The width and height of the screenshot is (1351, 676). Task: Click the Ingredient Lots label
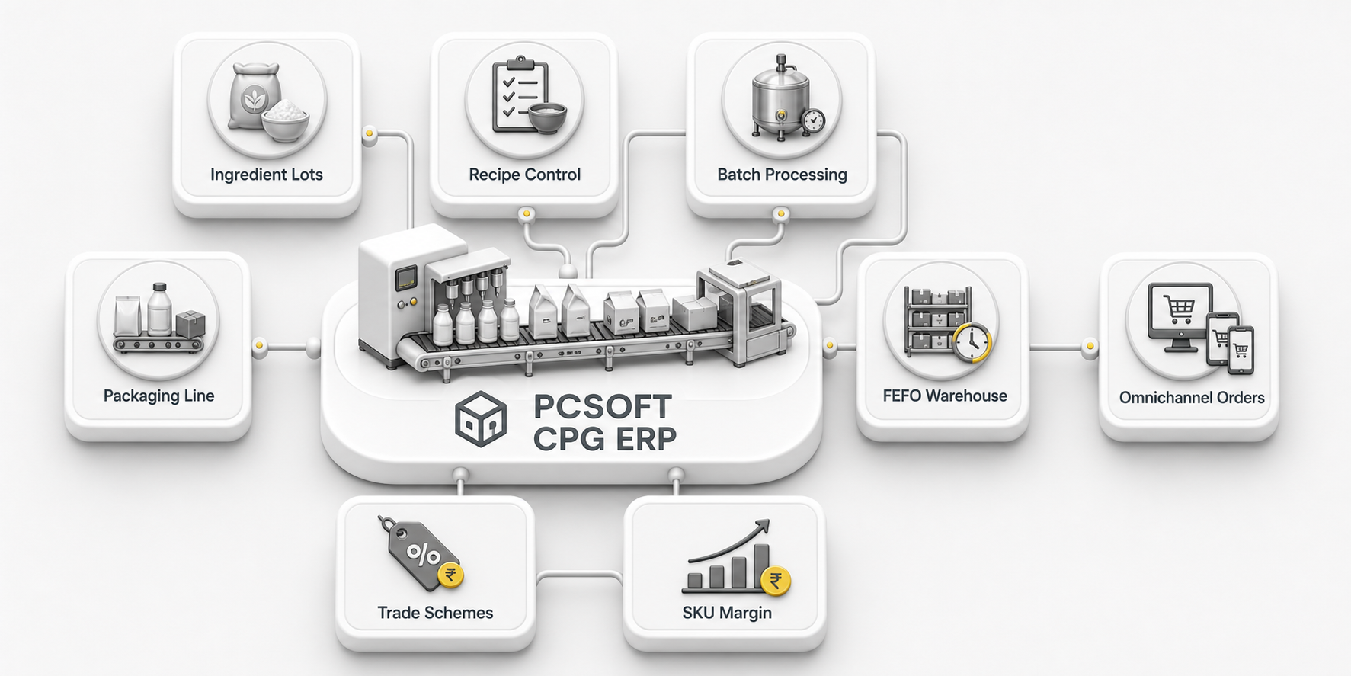point(267,175)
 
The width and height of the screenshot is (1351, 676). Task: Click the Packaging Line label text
point(158,396)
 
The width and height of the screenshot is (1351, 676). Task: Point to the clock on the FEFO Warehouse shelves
point(972,342)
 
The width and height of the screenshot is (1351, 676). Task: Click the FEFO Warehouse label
point(945,396)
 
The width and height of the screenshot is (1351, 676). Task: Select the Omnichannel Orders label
point(1192,397)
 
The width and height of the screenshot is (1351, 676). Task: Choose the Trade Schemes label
point(435,613)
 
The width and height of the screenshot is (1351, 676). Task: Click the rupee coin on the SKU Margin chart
point(776,582)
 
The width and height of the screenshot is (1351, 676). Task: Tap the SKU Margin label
point(727,613)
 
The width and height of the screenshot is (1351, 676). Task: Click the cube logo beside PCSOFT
point(481,419)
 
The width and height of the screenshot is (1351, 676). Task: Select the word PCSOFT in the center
point(602,406)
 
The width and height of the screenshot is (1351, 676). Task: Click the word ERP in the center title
point(646,439)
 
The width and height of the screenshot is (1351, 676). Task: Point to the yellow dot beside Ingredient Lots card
point(370,134)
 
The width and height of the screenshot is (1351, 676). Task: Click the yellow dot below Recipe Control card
point(527,214)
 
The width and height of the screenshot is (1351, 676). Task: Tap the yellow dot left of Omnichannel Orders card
point(1090,347)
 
